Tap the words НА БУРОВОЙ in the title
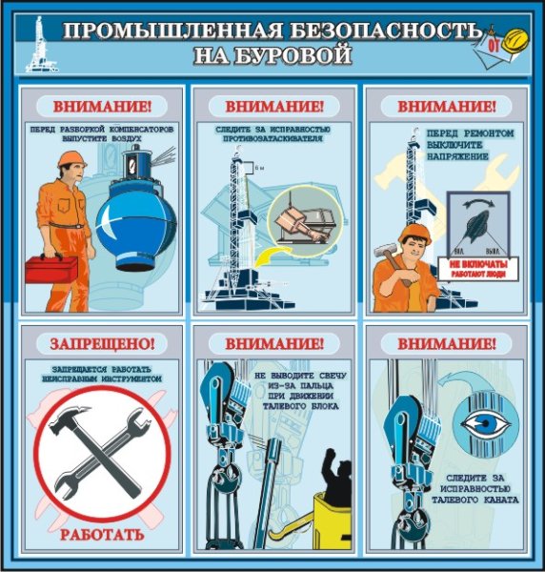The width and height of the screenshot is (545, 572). tap(272, 55)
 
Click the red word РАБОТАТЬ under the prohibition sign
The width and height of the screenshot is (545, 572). tap(102, 532)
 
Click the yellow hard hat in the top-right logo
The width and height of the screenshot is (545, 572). tap(515, 39)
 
